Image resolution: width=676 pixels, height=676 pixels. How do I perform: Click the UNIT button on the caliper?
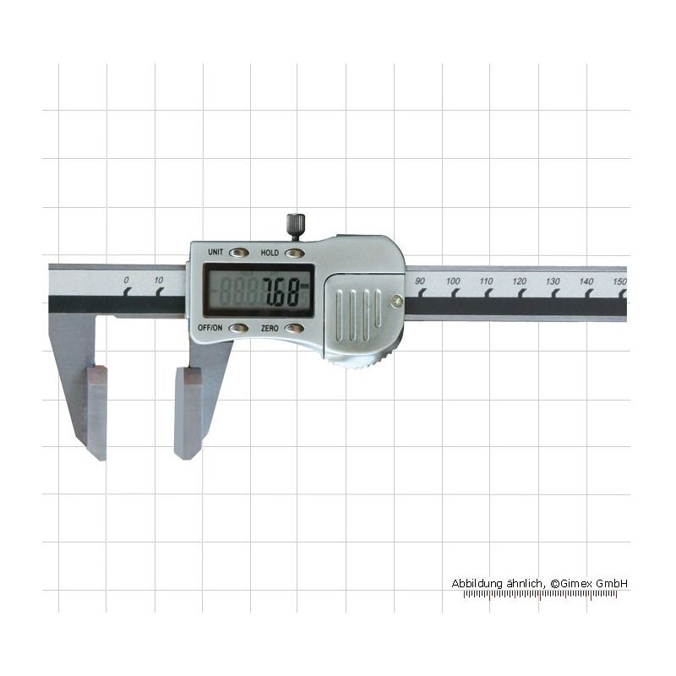coord(238,252)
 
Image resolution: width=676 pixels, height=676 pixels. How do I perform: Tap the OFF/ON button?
coord(238,329)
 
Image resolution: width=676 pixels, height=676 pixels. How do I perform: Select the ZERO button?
coord(294,329)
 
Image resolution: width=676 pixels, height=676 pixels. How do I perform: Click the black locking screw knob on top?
coord(295,226)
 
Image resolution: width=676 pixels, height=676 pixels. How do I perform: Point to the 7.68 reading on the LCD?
coord(281,292)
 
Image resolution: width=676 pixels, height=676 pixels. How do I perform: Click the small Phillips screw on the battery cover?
coord(396,301)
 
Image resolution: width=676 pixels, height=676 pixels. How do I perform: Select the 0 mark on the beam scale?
coord(126,281)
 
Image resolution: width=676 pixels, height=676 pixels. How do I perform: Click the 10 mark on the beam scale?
coord(159,281)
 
